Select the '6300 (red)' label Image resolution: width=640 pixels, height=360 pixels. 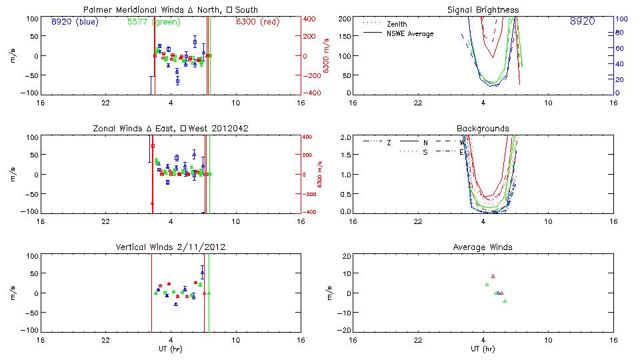pyautogui.click(x=257, y=22)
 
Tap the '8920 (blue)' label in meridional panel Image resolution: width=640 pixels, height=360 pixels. pyautogui.click(x=74, y=22)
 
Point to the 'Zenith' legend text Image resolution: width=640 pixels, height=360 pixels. pyautogui.click(x=397, y=25)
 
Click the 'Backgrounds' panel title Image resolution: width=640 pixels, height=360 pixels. pyautogui.click(x=483, y=128)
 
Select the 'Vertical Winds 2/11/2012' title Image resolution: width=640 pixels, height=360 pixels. pyautogui.click(x=171, y=247)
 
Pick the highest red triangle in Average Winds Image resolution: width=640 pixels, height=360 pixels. pyautogui.click(x=493, y=276)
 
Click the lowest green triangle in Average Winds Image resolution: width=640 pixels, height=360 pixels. pyautogui.click(x=505, y=301)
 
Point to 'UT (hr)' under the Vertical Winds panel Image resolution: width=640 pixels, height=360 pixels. pyautogui.click(x=171, y=349)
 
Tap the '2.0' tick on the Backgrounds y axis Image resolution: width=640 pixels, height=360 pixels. pyautogui.click(x=346, y=137)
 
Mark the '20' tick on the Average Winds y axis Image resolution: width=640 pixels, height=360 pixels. pyautogui.click(x=347, y=256)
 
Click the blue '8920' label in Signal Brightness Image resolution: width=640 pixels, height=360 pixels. pyautogui.click(x=583, y=22)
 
